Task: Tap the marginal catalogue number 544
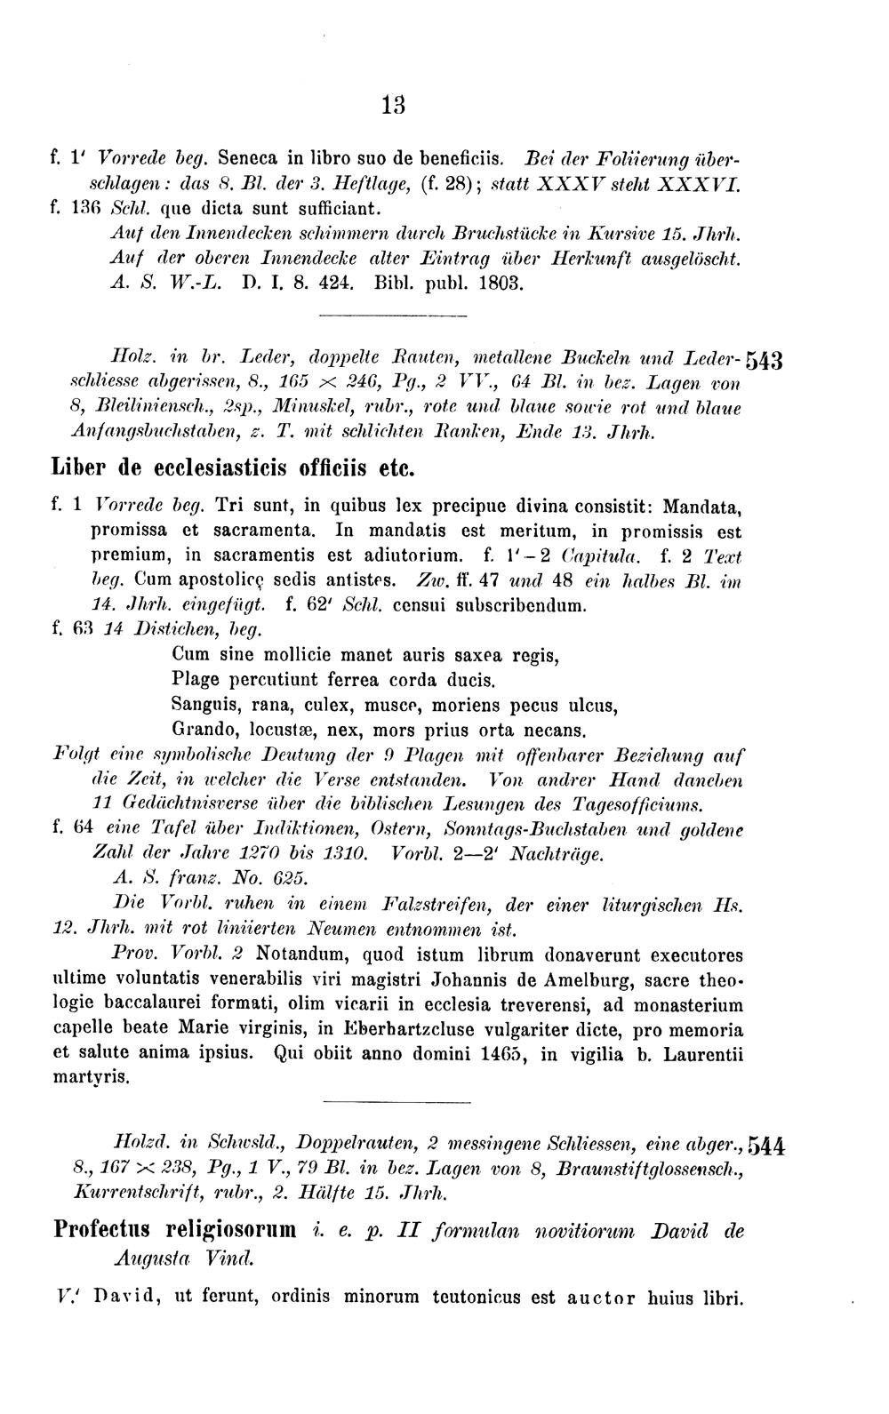tap(766, 1145)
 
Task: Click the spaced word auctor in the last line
tap(601, 1297)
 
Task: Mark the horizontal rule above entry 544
tap(395, 1103)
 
